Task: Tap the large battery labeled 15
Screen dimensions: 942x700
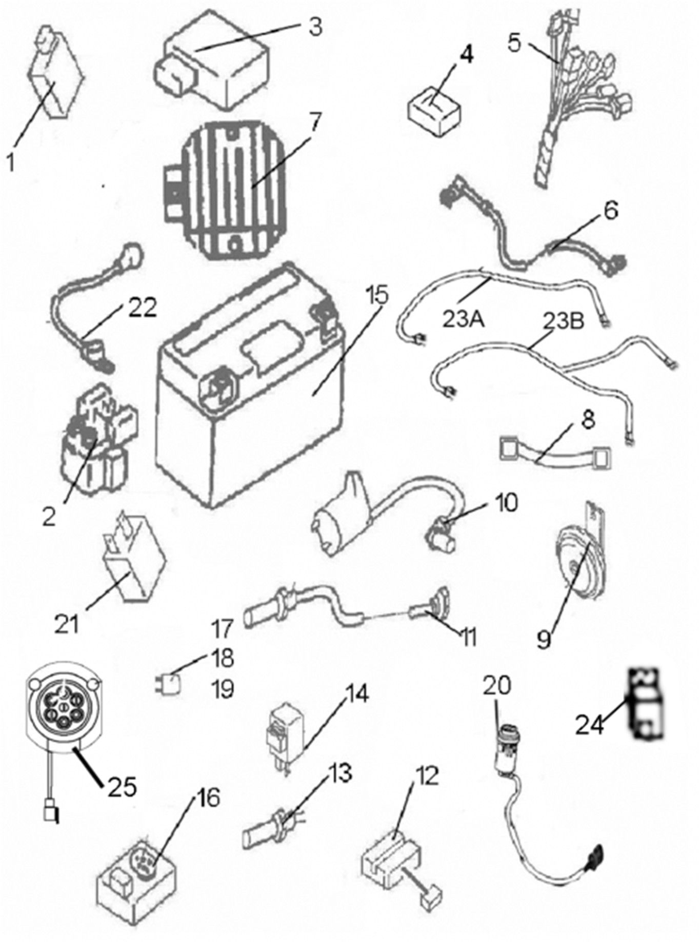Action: pyautogui.click(x=251, y=390)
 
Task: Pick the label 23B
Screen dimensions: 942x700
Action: pyautogui.click(x=563, y=322)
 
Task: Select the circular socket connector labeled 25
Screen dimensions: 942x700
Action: pyautogui.click(x=62, y=712)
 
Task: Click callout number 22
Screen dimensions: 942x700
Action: pyautogui.click(x=142, y=309)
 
